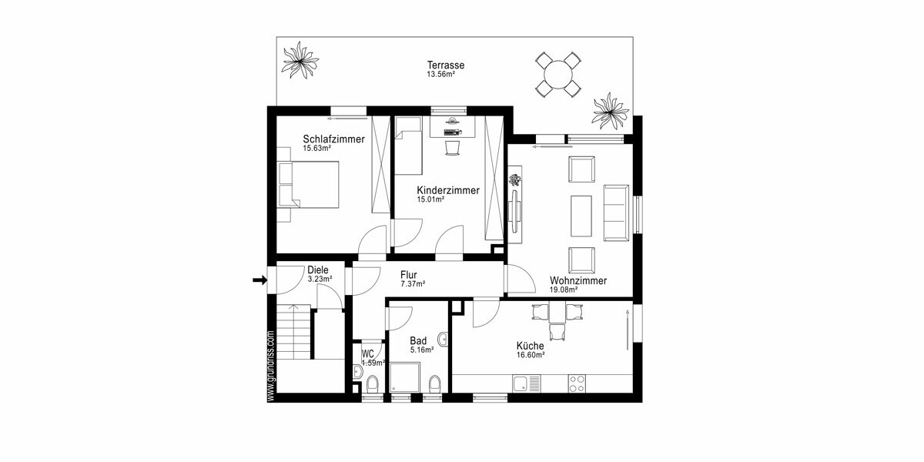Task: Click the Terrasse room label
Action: pos(447,65)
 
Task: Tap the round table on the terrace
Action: pos(557,75)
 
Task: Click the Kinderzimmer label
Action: pos(448,190)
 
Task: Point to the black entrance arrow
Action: pos(259,281)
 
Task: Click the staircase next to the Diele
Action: pos(294,331)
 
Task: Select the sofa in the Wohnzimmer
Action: pos(616,212)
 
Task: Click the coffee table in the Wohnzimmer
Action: pos(581,216)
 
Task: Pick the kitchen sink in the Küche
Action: pos(527,382)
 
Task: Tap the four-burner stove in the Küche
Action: pos(578,382)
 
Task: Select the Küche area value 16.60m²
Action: pos(531,355)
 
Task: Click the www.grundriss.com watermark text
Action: pos(270,366)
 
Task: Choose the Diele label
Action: pos(318,270)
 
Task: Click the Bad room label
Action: pos(418,340)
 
